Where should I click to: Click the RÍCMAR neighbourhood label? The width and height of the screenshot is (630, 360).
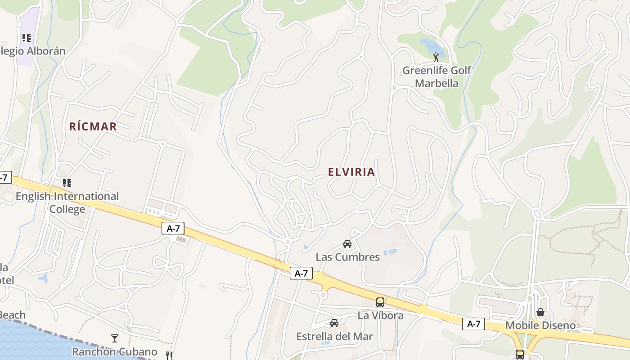coord(93,126)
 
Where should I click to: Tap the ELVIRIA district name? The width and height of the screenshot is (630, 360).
coord(351,172)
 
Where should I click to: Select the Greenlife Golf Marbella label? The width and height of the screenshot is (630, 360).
coord(436,76)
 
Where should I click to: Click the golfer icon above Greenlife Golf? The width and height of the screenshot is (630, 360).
coord(436,57)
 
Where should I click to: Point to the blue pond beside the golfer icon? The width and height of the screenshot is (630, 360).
coord(431,45)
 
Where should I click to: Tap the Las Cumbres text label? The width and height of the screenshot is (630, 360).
coord(347,257)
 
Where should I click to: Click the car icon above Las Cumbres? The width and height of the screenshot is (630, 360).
coord(347,244)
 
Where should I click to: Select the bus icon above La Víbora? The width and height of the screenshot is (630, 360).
coord(380,302)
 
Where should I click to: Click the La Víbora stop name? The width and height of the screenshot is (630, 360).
coord(380,315)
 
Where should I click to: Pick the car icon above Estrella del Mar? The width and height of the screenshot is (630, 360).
coord(334,323)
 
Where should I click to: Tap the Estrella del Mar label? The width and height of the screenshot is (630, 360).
coord(334,336)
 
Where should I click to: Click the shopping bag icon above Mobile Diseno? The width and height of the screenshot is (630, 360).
coord(540,312)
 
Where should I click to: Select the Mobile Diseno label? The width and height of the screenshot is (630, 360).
coord(540,325)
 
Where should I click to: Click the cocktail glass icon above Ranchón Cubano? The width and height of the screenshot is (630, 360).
coord(115,338)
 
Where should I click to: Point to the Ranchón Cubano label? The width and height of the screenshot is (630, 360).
coord(115,351)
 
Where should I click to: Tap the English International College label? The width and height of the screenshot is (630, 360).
coord(67,202)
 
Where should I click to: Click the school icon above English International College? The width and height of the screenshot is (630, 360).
coord(67,183)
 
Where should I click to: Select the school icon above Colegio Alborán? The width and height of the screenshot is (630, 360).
coord(27,38)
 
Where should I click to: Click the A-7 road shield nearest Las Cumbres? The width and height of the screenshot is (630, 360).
coord(301,273)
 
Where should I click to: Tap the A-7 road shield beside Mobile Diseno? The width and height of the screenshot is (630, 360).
coord(473,324)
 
